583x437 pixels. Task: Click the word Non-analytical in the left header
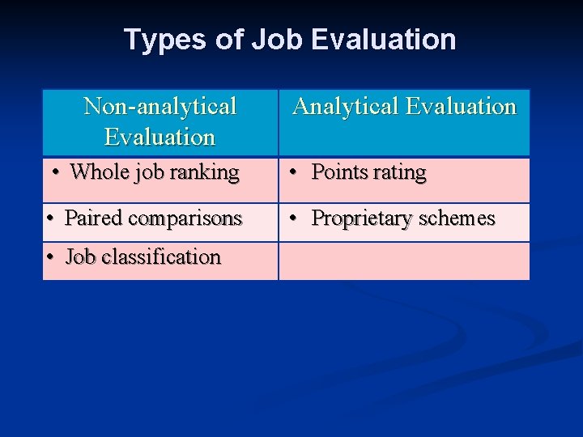coord(160,106)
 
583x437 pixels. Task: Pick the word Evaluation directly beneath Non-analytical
coord(160,137)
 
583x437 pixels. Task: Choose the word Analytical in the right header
coord(346,106)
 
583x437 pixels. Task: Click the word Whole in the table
coord(94,172)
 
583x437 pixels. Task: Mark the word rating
coord(399,173)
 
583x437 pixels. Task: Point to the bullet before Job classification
coord(50,257)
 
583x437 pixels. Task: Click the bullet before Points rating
coord(296,173)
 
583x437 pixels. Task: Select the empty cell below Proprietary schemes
coord(404,261)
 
